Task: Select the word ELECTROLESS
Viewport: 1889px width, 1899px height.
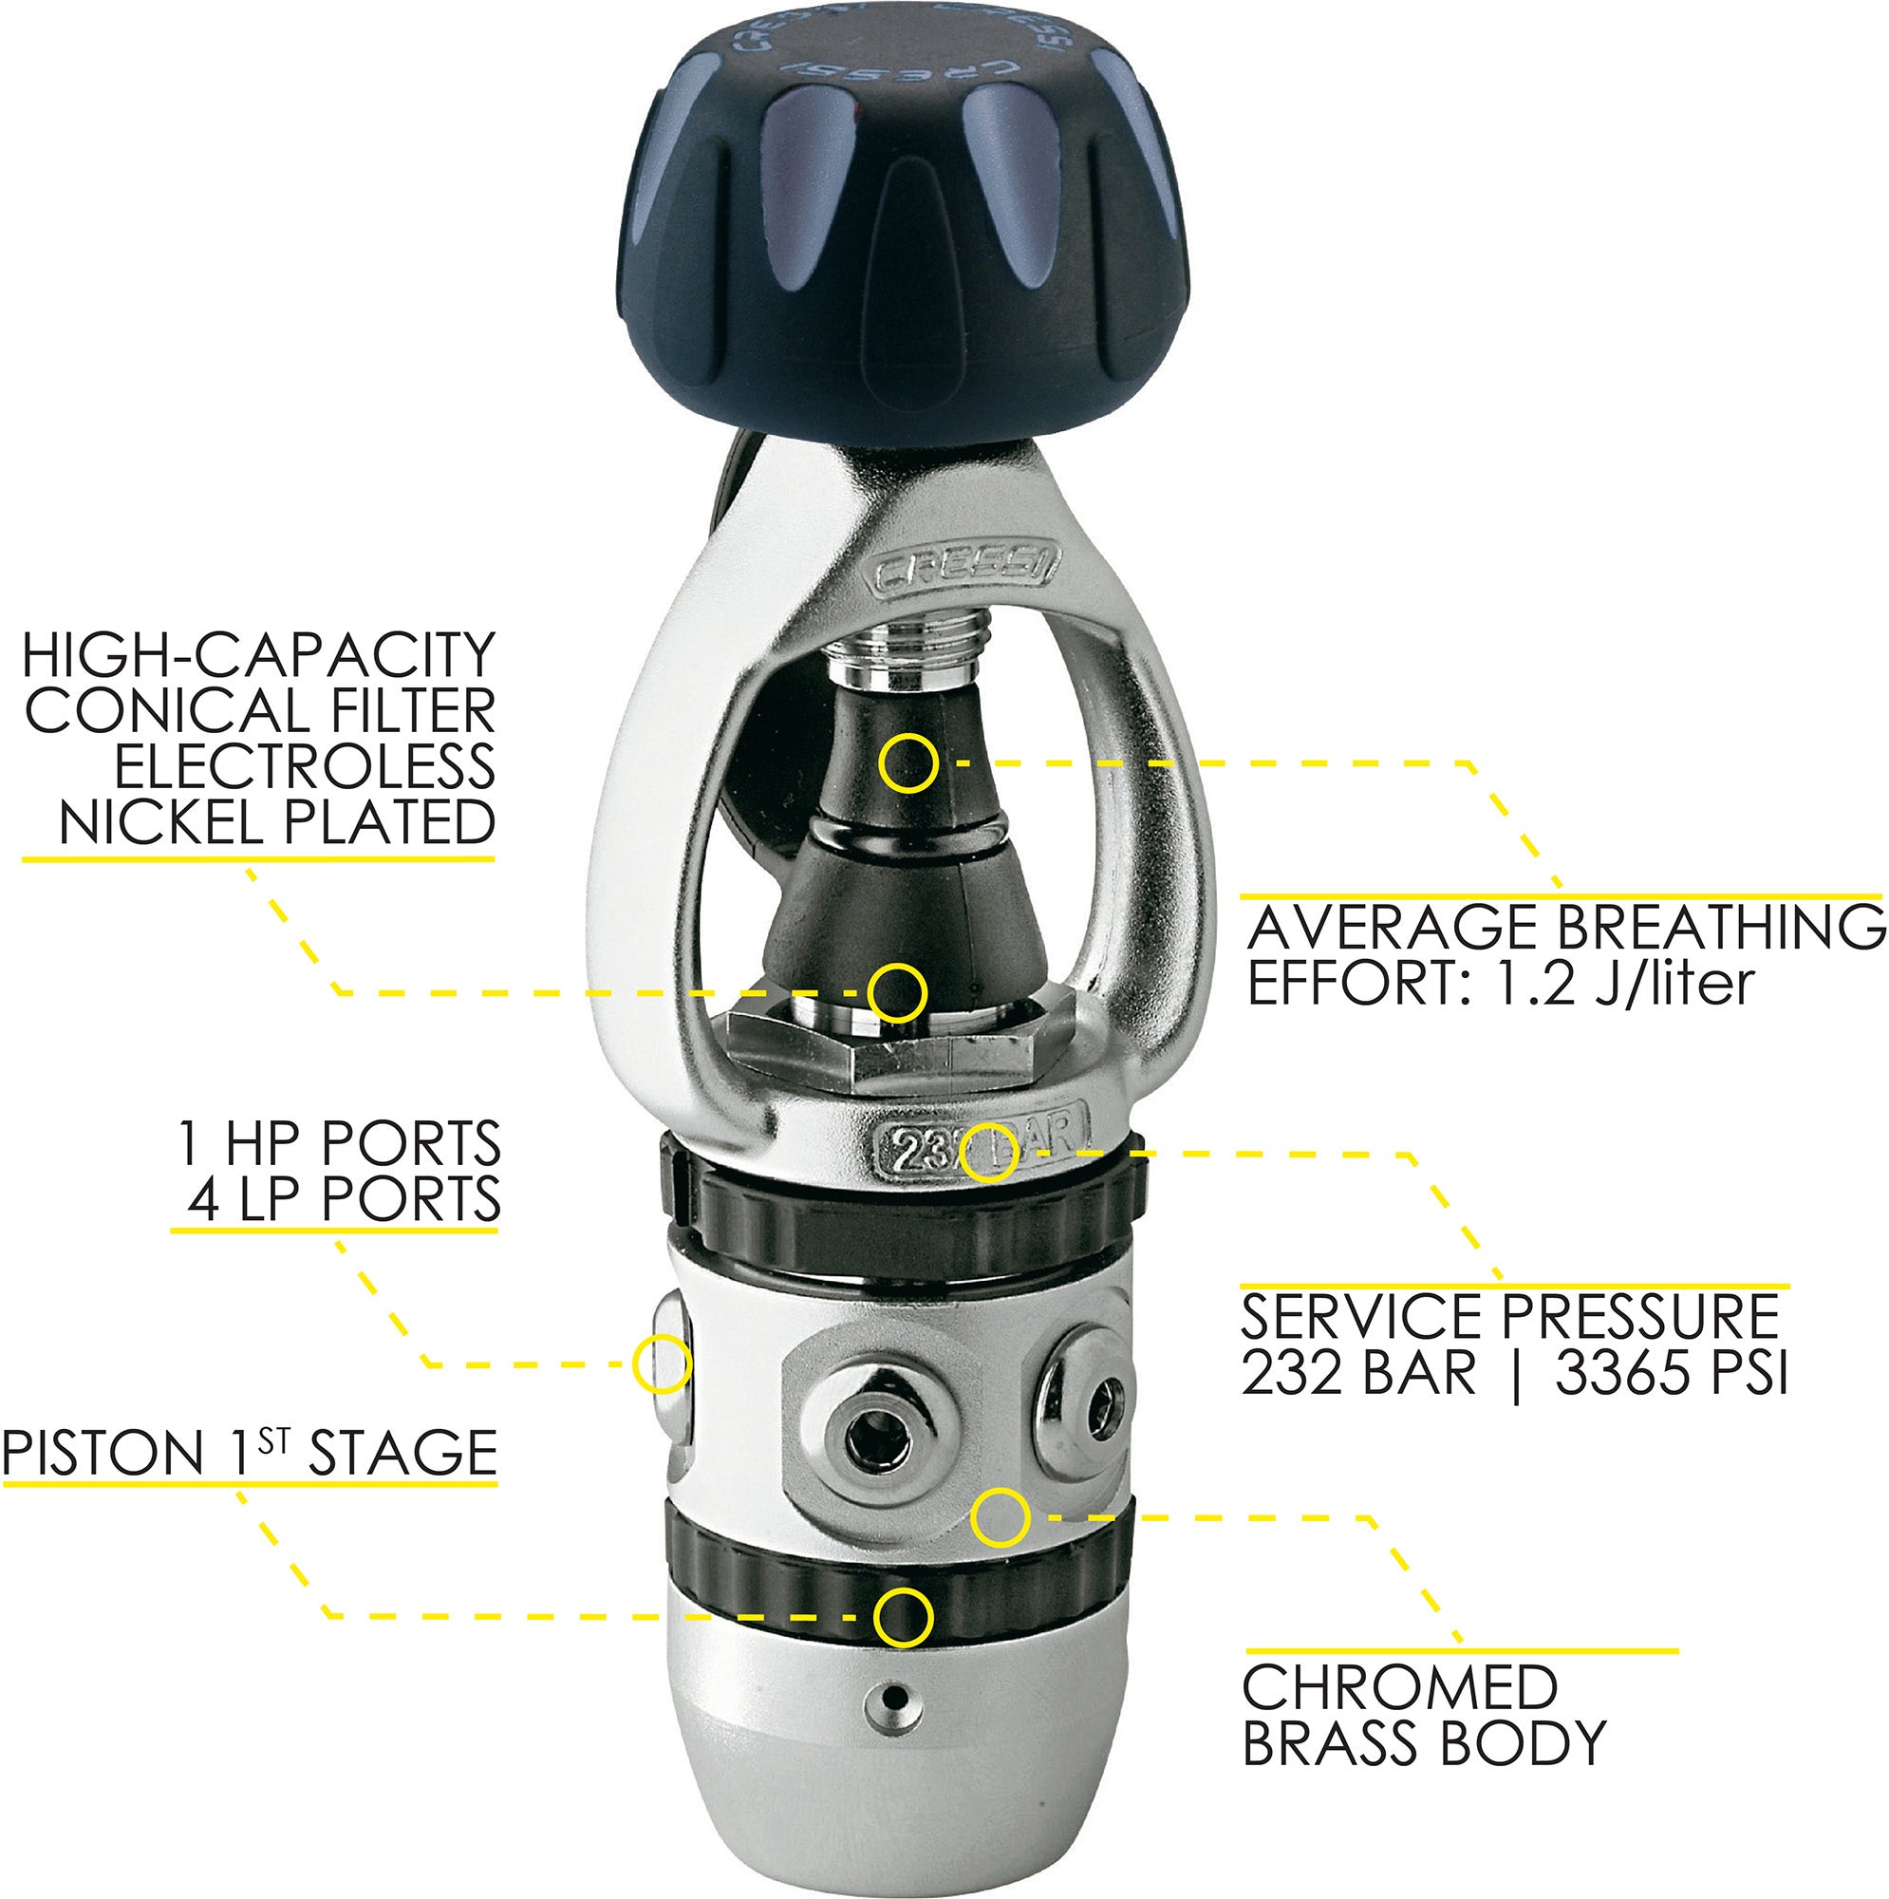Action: [x=305, y=765]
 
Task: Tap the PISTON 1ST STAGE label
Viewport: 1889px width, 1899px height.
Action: [x=250, y=1453]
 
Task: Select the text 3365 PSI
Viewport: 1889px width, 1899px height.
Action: [x=1671, y=1372]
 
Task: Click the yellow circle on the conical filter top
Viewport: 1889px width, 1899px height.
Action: [x=908, y=761]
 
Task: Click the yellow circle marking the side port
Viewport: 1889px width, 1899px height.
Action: [x=662, y=1363]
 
